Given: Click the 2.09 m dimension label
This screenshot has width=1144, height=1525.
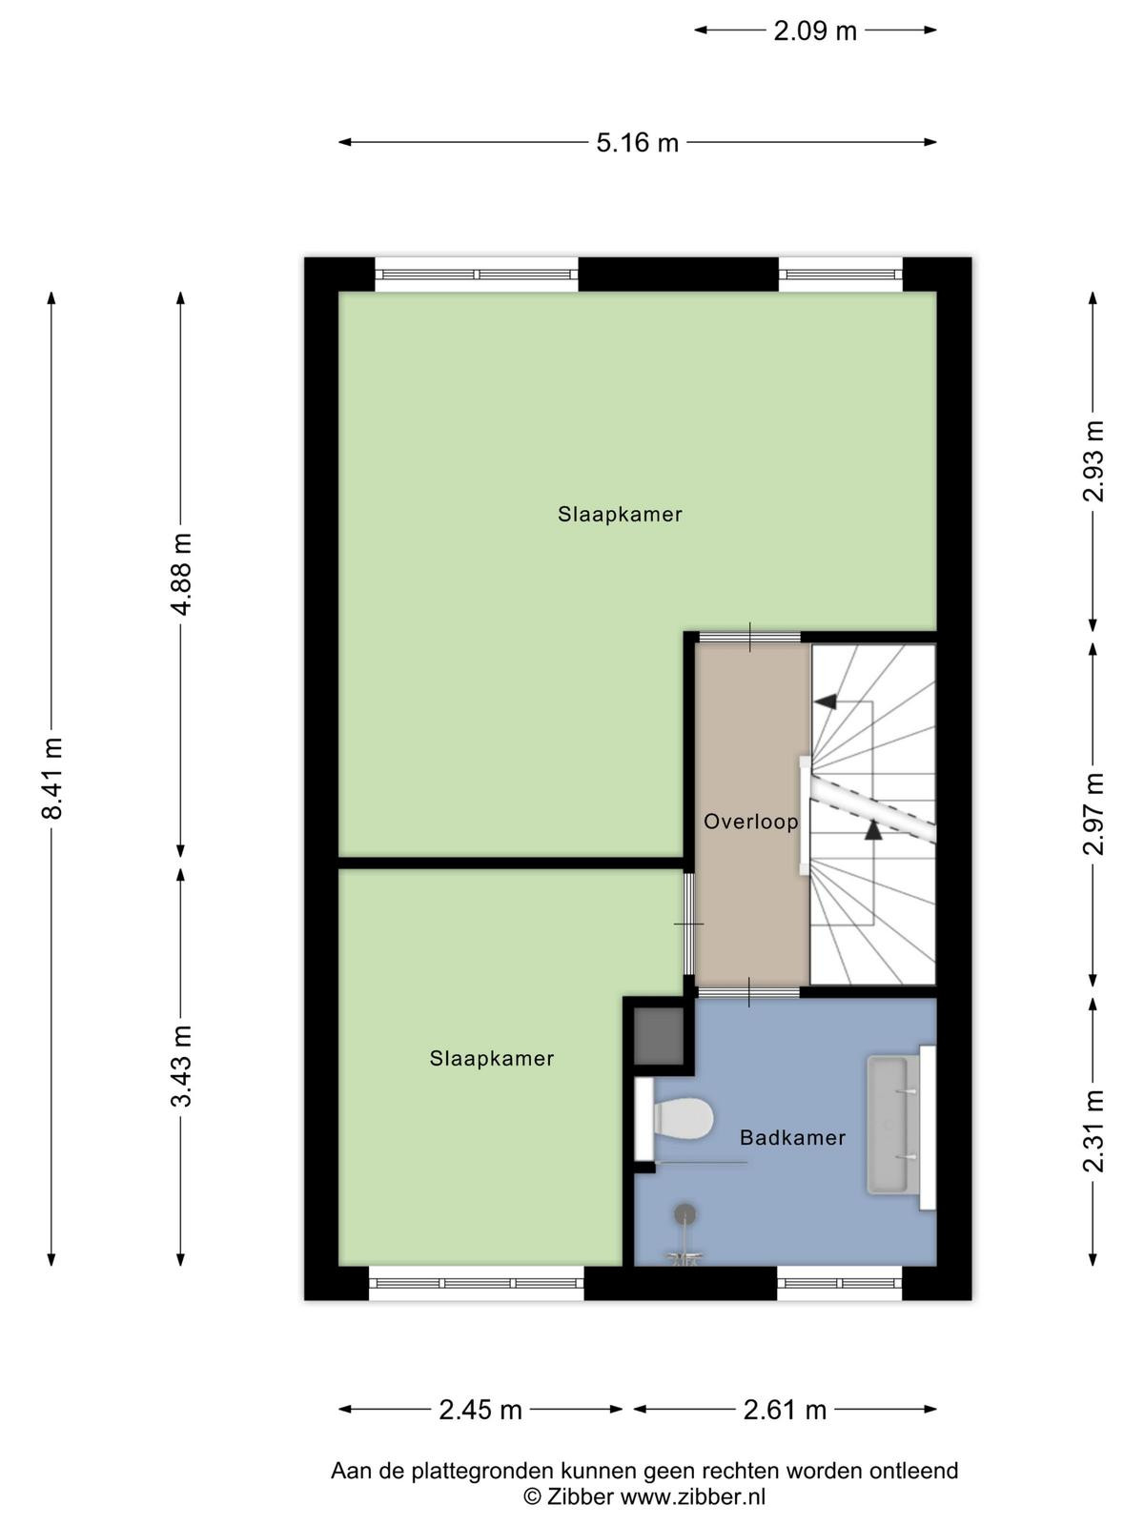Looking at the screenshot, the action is click(x=815, y=30).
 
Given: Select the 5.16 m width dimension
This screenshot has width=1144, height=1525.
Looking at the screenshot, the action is click(x=637, y=142).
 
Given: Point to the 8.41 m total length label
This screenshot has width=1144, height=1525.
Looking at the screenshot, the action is click(x=52, y=778).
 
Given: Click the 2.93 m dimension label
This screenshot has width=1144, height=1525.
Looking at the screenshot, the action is click(x=1093, y=461).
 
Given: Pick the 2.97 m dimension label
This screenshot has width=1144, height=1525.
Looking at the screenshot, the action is click(x=1093, y=814).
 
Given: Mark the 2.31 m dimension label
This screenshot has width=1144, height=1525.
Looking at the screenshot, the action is click(x=1093, y=1131).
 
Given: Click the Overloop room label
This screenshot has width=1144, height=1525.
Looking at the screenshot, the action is click(x=751, y=822).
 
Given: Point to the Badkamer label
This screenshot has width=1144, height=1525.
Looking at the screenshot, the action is click(x=792, y=1137).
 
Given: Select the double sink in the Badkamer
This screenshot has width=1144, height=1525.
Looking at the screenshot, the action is click(x=900, y=1127).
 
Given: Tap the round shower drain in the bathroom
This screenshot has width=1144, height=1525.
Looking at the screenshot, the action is click(x=685, y=1213).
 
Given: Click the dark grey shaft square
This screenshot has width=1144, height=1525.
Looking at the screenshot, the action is click(x=659, y=1037).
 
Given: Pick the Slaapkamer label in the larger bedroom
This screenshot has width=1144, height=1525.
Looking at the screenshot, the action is click(x=620, y=514).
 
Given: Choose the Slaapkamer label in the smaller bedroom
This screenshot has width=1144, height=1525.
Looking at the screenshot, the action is click(x=491, y=1058).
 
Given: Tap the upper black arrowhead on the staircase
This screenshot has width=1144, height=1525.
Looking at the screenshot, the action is click(x=826, y=701).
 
